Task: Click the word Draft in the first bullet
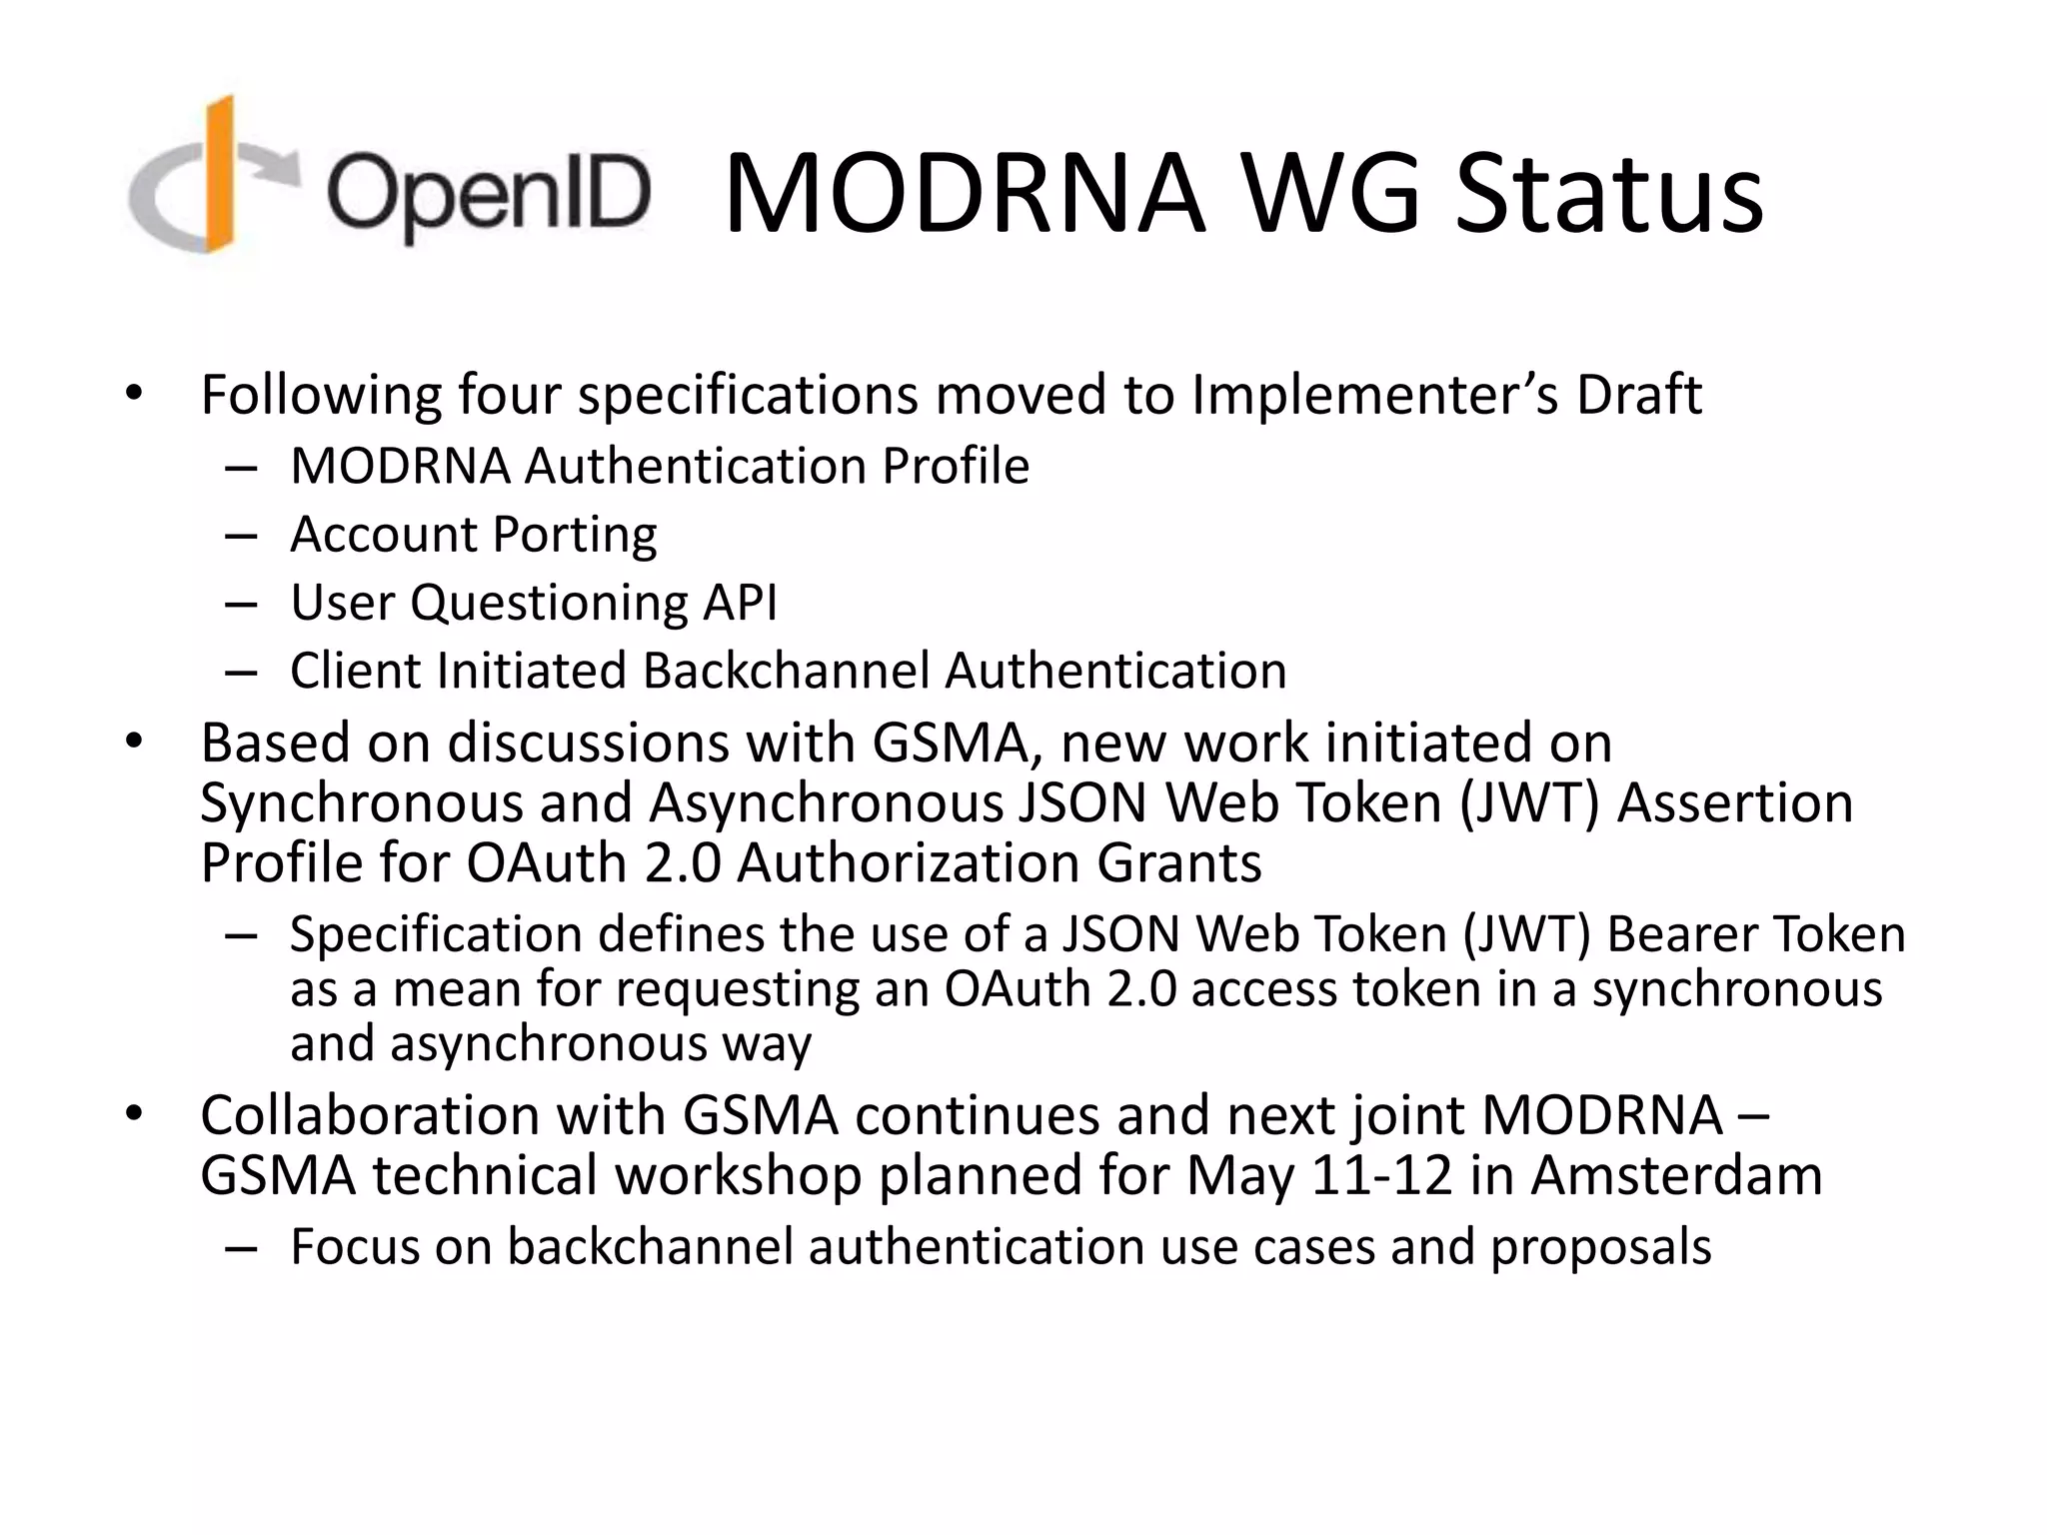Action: (x=1639, y=395)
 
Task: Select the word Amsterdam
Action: (x=1676, y=1175)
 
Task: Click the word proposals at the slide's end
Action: (x=1600, y=1247)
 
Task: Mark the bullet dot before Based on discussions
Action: (x=135, y=743)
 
